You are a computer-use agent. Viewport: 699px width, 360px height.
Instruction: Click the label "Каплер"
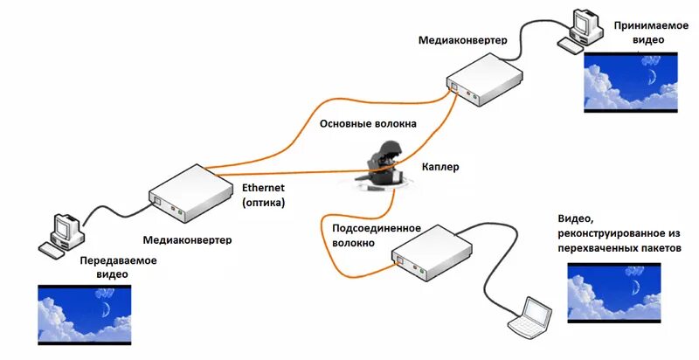click(x=439, y=167)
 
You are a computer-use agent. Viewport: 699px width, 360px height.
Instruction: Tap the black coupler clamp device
click(x=383, y=165)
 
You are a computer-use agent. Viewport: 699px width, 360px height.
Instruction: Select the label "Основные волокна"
click(x=367, y=124)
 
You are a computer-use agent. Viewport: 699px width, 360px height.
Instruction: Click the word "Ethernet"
click(x=263, y=188)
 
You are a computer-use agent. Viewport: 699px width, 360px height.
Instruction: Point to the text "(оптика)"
click(x=263, y=203)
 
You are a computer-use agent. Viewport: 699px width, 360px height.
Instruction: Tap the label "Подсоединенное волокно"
click(x=377, y=236)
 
